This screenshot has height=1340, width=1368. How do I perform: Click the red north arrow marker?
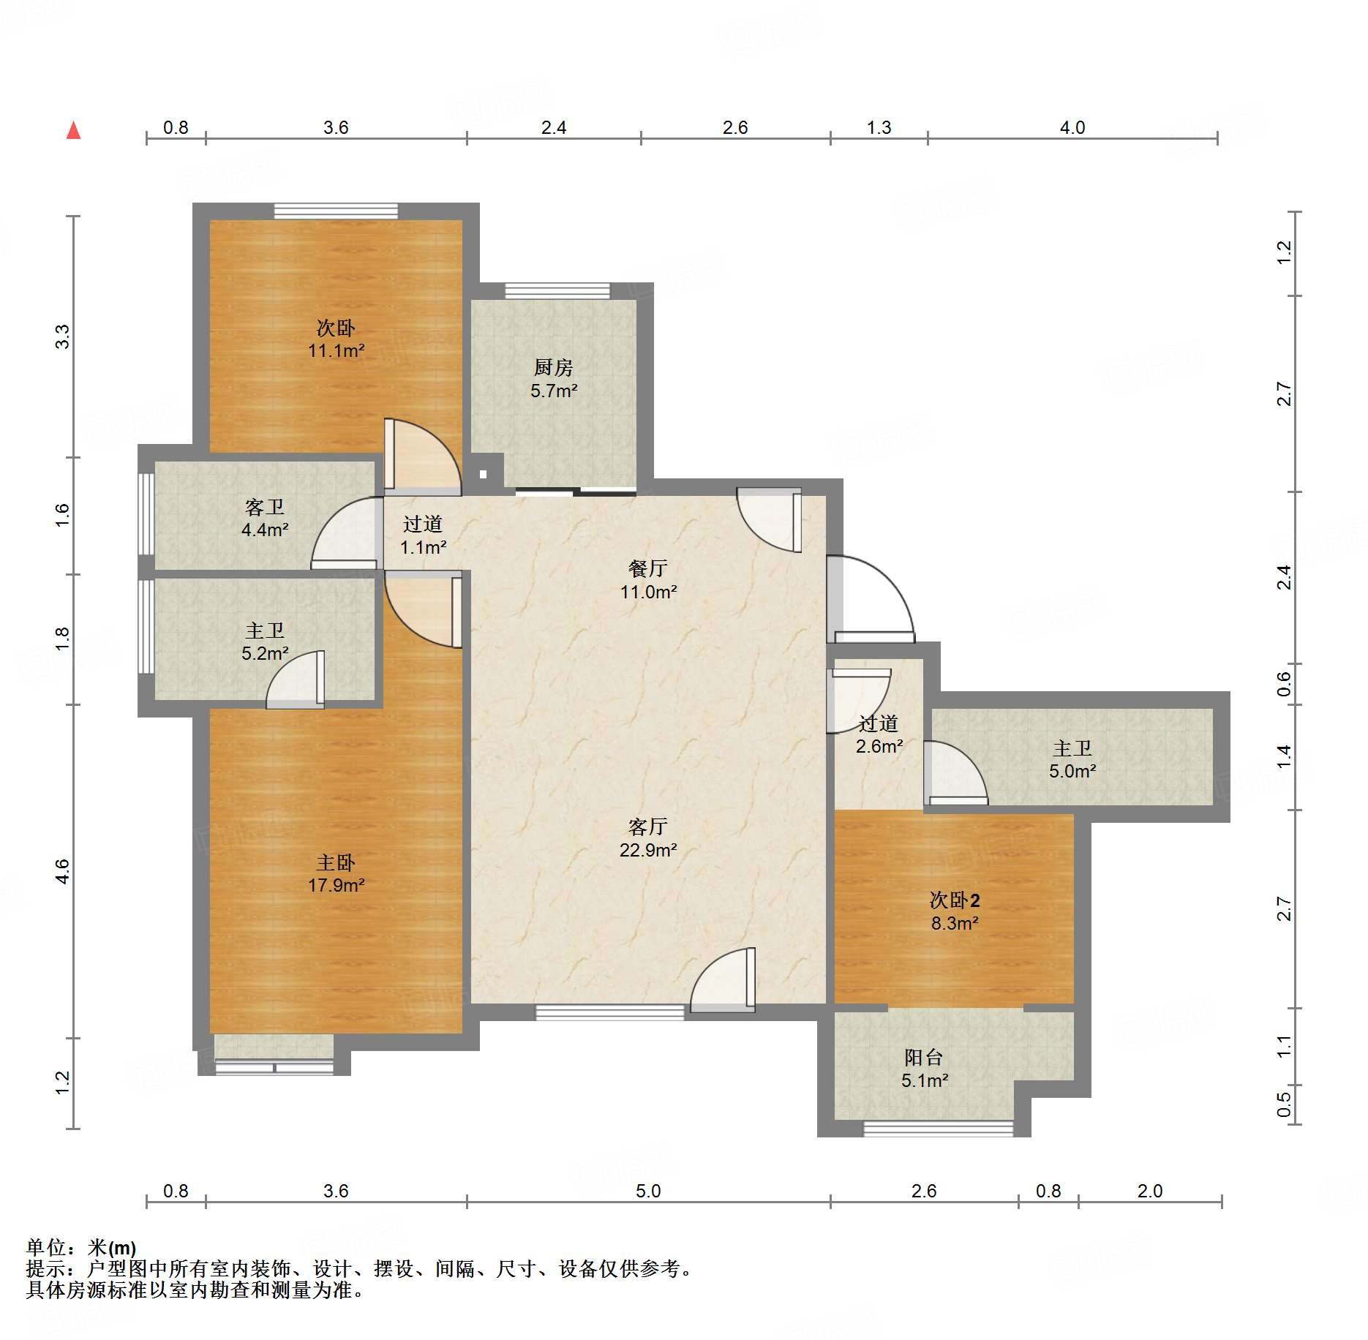tap(73, 131)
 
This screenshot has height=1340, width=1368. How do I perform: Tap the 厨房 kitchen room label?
tap(554, 367)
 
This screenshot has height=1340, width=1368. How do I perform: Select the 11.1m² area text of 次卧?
tap(336, 350)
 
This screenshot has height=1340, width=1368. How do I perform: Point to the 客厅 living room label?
tap(648, 827)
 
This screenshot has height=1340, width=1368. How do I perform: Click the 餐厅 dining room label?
tap(648, 568)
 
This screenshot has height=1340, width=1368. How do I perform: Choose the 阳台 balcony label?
tap(924, 1057)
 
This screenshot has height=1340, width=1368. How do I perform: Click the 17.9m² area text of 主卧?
tap(336, 885)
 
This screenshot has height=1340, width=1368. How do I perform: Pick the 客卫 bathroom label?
tap(265, 507)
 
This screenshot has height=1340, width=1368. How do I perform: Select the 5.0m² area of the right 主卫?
tap(1072, 771)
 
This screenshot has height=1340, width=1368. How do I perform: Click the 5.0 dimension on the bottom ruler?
tap(648, 1191)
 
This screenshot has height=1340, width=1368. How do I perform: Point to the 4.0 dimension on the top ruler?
tap(1072, 127)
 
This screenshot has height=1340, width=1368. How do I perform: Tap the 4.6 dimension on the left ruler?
tap(62, 871)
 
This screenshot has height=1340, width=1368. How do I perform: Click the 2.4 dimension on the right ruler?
tap(1284, 578)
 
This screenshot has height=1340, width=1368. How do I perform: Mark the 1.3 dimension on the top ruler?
tap(879, 127)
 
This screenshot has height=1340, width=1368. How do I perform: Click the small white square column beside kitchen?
tap(483, 474)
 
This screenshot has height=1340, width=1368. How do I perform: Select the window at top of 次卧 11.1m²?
tap(337, 211)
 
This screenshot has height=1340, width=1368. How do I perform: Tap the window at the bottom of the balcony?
tap(939, 1129)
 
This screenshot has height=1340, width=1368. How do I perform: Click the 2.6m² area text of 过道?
tap(879, 746)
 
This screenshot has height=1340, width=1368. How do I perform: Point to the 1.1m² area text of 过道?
tap(423, 547)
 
